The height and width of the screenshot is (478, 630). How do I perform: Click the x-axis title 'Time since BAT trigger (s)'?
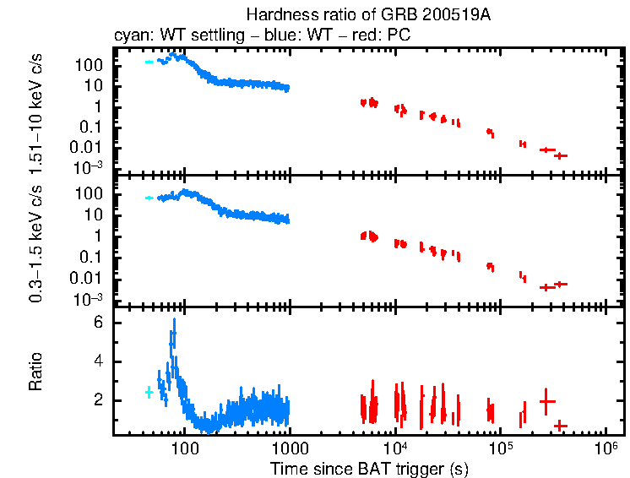pyautogui.click(x=369, y=468)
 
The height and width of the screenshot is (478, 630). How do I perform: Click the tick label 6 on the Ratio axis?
pyautogui.click(x=98, y=323)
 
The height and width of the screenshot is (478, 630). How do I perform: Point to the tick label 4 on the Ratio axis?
pyautogui.click(x=98, y=361)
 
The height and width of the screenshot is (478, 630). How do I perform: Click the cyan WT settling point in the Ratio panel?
pyautogui.click(x=149, y=392)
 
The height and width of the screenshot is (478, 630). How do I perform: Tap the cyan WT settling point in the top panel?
pyautogui.click(x=149, y=62)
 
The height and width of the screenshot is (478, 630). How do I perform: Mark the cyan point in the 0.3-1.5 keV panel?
pyautogui.click(x=149, y=198)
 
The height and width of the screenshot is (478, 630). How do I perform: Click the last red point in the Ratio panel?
pyautogui.click(x=560, y=425)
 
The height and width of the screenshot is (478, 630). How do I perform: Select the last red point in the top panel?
pyautogui.click(x=560, y=155)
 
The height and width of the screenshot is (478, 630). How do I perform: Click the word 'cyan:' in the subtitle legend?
pyautogui.click(x=131, y=35)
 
